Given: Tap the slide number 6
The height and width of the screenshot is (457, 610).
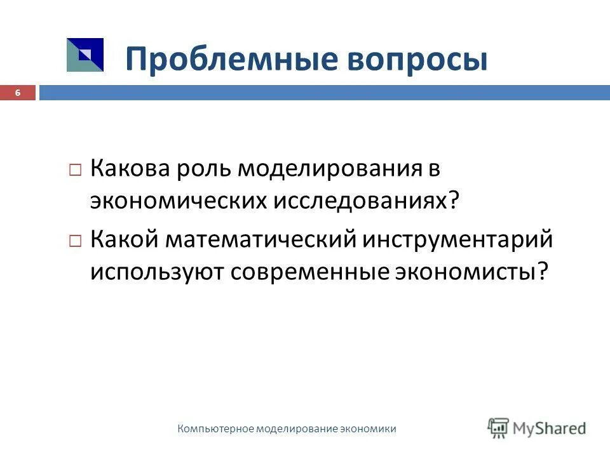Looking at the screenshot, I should [x=18, y=93].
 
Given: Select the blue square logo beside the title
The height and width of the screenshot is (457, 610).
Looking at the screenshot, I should [x=85, y=55].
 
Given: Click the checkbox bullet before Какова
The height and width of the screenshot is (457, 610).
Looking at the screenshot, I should [x=75, y=171].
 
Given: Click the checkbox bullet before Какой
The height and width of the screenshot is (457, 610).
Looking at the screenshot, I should [x=75, y=242].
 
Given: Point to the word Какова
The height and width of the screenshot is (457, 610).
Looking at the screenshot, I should [x=129, y=169].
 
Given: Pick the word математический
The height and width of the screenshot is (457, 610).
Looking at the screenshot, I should [x=261, y=241].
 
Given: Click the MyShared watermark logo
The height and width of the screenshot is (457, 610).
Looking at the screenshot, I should [x=537, y=428].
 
